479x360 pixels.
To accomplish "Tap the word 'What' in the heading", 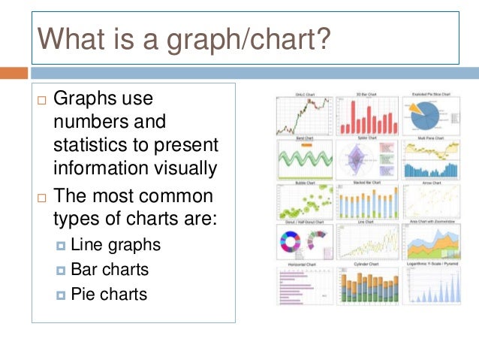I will coord(72,38).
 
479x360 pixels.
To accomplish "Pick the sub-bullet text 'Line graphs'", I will coord(116,245).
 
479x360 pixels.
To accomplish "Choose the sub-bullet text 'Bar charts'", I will coord(111,269).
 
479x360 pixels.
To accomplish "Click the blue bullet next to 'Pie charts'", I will coord(62,293).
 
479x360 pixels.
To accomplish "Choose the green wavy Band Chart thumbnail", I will coord(303,159).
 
